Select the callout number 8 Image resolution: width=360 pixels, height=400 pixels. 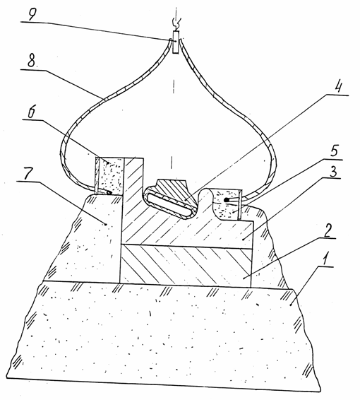pos(31,61)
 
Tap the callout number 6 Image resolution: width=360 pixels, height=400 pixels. pos(31,112)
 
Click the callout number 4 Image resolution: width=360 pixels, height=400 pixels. pos(338,88)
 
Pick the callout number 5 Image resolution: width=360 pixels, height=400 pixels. pos(334,151)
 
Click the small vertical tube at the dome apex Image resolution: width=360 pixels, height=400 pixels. pos(176,42)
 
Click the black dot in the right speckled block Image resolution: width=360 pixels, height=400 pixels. pos(225,200)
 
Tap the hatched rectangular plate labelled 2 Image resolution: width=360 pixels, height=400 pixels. pos(186,265)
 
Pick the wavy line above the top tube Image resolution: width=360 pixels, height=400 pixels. pos(176,23)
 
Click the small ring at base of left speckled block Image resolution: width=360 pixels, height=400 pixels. pos(109,193)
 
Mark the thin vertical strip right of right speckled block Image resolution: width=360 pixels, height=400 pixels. pos(239,204)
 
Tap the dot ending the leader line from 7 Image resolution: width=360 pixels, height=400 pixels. pos(105,224)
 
